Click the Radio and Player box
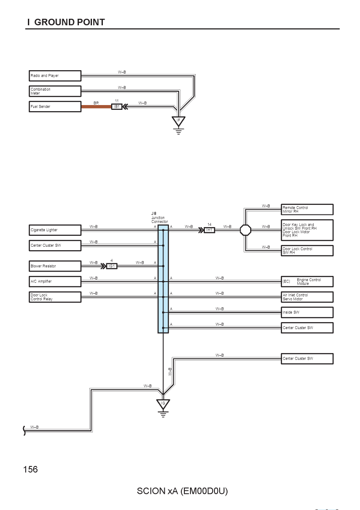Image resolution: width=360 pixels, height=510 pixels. pos(55,75)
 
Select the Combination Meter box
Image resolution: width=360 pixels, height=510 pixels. pos(55,91)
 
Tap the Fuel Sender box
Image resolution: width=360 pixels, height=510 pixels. pos(55,107)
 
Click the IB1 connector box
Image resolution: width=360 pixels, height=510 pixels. pos(117,107)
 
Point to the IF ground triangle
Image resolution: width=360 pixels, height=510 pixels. pos(178,121)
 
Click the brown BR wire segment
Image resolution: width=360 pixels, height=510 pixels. pos(96,107)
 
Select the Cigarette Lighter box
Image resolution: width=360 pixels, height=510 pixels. pos(55,230)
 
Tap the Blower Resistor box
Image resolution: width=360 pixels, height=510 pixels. pos(55,266)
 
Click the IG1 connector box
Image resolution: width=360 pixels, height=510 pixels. pos(112,266)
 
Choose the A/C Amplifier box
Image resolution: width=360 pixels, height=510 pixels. pos(55,281)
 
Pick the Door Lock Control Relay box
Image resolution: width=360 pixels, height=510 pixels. pos(55,297)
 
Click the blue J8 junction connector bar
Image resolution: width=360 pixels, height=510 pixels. pos(163,279)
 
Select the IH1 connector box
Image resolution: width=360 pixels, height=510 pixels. pos(210,230)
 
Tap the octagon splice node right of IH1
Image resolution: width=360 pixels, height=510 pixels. pos(245,230)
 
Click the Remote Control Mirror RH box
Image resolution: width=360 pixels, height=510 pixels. pos(307,210)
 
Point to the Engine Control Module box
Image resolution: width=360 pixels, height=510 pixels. pos(307,281)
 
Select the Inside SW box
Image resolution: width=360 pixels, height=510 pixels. pos(307,312)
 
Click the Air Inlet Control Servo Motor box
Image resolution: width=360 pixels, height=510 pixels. pos(307,297)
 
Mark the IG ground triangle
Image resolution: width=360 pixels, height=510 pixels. pos(163,404)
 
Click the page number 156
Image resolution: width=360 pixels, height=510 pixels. pos(31,469)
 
